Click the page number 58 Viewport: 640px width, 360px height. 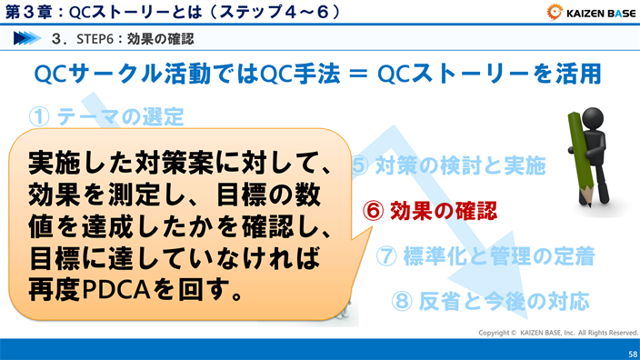631,352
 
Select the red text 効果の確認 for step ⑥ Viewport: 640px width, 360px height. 444,210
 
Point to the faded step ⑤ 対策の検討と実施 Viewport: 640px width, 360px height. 448,165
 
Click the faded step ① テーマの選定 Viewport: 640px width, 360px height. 106,116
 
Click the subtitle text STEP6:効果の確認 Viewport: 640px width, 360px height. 136,39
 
